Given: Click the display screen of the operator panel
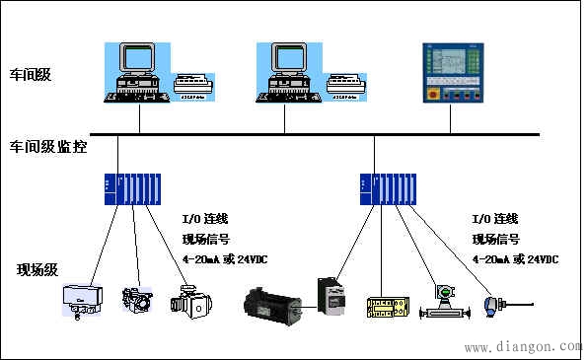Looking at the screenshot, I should (x=452, y=64).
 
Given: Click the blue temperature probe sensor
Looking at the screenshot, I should (x=493, y=303).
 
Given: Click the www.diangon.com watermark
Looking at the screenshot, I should (x=522, y=347).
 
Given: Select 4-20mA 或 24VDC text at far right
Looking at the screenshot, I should (x=516, y=259).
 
